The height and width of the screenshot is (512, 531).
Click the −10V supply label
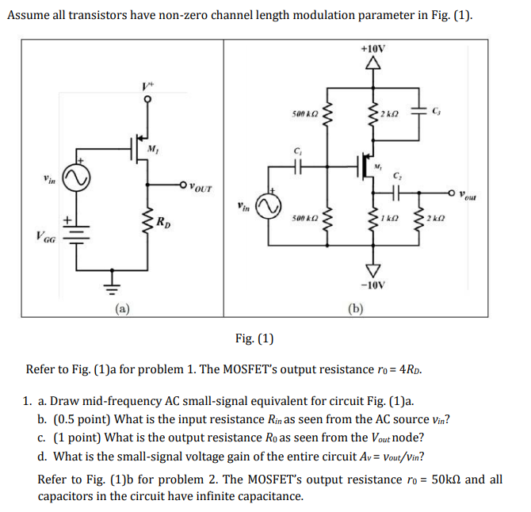pos(372,284)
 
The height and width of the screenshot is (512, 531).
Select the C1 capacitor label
pos(298,151)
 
